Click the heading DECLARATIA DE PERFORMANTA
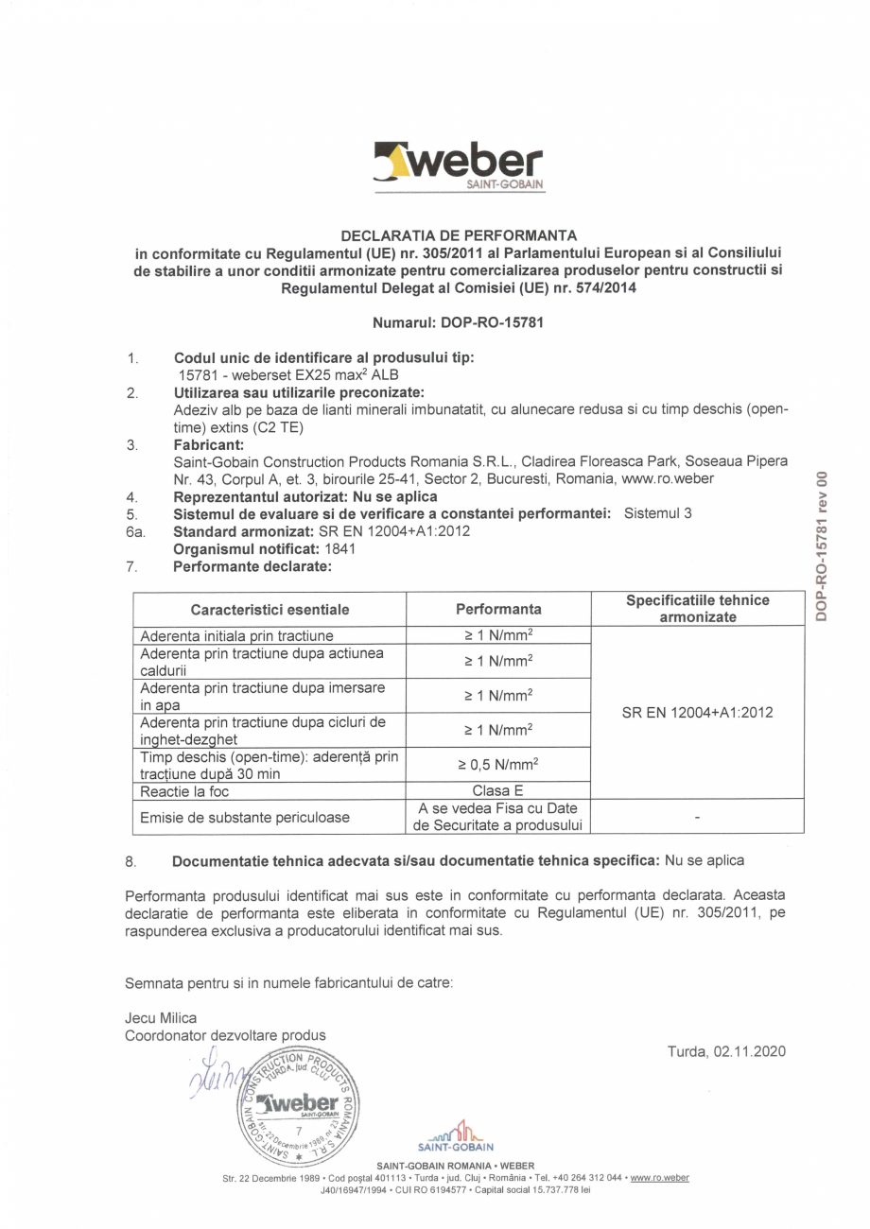pyautogui.click(x=459, y=234)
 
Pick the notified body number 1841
pyautogui.click(x=340, y=548)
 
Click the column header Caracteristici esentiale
pyautogui.click(x=270, y=610)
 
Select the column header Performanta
pyautogui.click(x=498, y=610)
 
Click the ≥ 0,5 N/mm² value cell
pyautogui.click(x=498, y=764)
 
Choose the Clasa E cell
pyautogui.click(x=498, y=791)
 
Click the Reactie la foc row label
pyautogui.click(x=185, y=791)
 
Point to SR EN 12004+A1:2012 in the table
pyautogui.click(x=697, y=712)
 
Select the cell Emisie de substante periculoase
pyautogui.click(x=245, y=817)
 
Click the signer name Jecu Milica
pyautogui.click(x=161, y=1018)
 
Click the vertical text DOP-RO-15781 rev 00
pyautogui.click(x=822, y=545)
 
